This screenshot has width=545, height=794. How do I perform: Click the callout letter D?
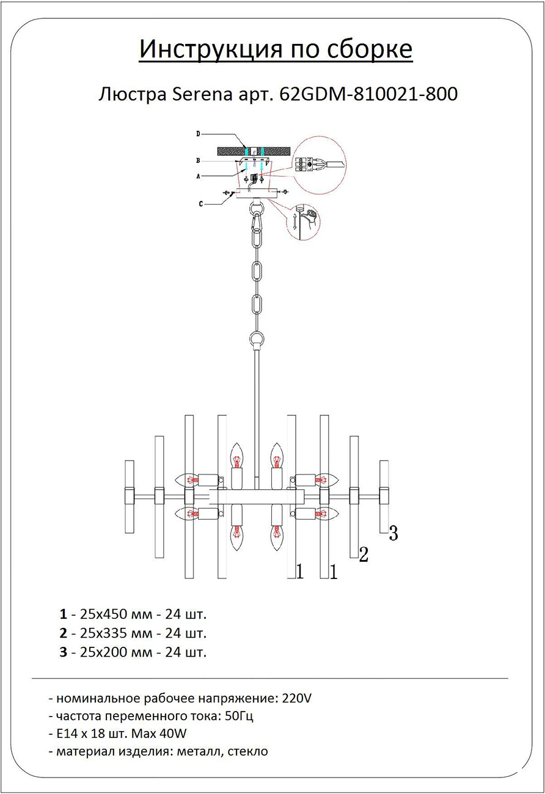(199, 134)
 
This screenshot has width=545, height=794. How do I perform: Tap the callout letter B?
(199, 161)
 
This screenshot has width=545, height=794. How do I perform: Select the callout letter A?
(199, 176)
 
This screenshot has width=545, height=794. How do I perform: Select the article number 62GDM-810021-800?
(368, 95)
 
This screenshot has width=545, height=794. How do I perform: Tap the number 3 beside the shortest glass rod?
(393, 534)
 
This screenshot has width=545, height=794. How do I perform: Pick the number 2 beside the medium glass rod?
(364, 555)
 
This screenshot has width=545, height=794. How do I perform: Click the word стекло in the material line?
(247, 751)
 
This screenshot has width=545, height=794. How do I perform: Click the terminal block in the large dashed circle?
(303, 164)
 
